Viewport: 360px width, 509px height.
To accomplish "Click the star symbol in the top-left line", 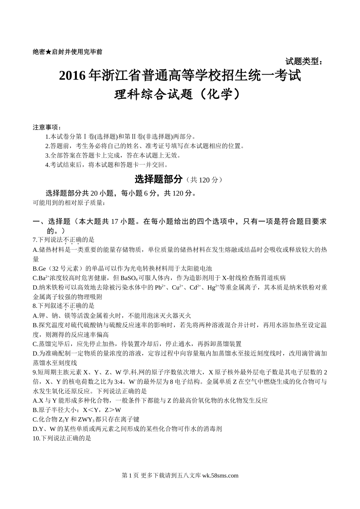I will (48, 52).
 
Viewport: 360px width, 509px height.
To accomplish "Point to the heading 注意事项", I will (46, 127).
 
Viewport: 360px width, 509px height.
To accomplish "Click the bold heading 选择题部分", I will (159, 179).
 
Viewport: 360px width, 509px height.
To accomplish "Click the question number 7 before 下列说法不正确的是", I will (34, 240).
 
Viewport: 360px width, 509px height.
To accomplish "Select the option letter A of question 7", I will (35, 250).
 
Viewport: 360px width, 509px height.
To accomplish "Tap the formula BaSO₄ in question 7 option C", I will (129, 278).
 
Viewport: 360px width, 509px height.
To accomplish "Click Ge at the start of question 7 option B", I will (41, 269).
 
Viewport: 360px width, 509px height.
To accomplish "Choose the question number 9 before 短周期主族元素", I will (34, 372).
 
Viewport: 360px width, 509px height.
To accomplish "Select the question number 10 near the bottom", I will (36, 439).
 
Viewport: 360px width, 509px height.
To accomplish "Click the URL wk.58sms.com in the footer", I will (221, 476).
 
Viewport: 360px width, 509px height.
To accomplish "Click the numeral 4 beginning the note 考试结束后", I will (47, 165).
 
